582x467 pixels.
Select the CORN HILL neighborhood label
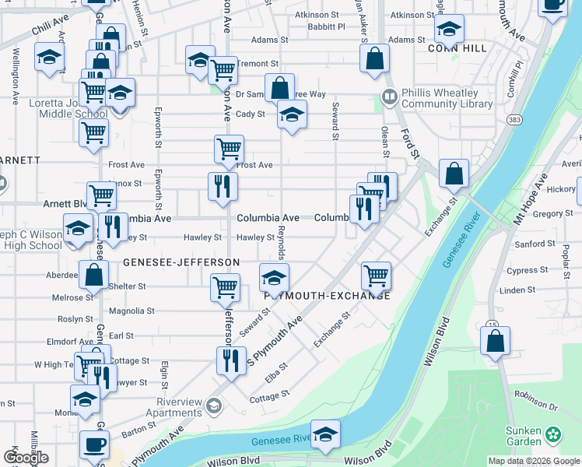click(x=458, y=48)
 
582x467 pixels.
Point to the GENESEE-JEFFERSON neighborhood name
click(x=181, y=263)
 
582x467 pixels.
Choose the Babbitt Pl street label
click(x=325, y=26)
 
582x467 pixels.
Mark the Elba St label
click(x=277, y=372)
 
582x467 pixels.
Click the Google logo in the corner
click(x=26, y=458)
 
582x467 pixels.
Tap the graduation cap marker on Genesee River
click(x=325, y=434)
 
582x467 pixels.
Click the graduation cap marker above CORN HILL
click(x=449, y=30)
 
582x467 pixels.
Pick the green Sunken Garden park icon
click(x=553, y=434)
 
